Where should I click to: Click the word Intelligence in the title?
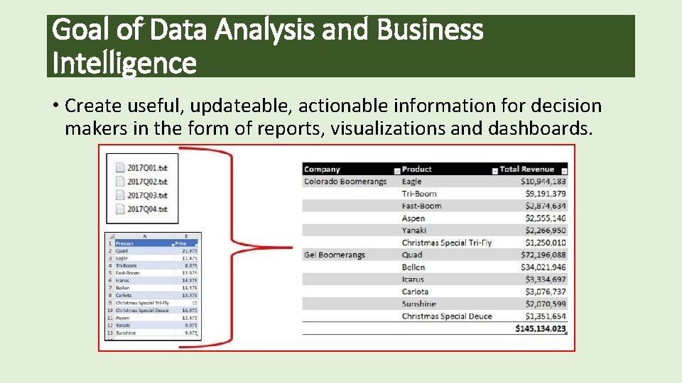(124, 63)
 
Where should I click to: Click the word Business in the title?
(430, 30)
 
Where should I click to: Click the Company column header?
(323, 169)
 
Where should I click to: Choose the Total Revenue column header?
(526, 169)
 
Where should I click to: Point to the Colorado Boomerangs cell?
(345, 182)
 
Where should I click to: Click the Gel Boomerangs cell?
(334, 255)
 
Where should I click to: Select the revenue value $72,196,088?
(543, 255)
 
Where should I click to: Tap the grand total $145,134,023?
(541, 328)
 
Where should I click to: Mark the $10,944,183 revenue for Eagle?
(543, 182)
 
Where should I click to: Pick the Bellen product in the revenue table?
(413, 267)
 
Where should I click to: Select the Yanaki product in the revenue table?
(414, 230)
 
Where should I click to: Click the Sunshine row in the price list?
(126, 333)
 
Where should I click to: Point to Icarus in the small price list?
(123, 280)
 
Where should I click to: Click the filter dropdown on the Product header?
(494, 170)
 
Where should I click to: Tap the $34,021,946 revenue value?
(543, 267)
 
